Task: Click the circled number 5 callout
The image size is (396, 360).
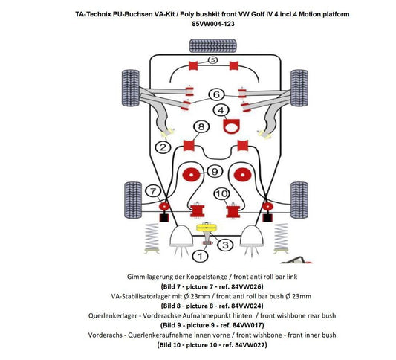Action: coord(212,60)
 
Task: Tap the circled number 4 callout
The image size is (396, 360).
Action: coord(221,111)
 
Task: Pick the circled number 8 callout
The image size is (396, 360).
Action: coord(201,127)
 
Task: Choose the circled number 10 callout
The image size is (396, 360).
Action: coord(221,194)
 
